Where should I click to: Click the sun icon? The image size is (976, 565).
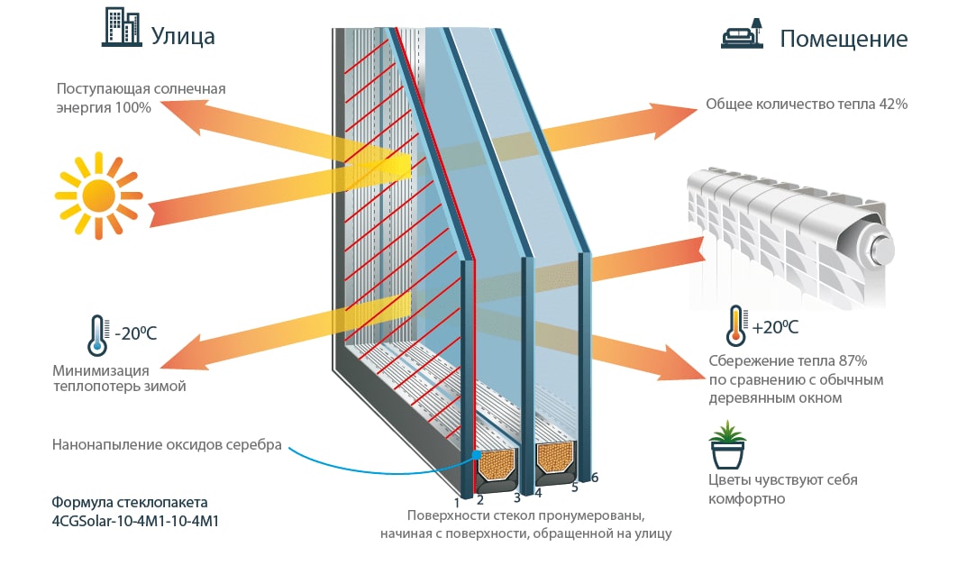(97, 194)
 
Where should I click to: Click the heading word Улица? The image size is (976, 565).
(183, 36)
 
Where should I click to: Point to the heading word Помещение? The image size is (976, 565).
(844, 40)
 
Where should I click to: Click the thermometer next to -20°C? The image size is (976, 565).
(98, 333)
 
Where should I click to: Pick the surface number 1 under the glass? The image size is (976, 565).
(457, 501)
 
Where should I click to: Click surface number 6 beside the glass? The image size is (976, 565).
(595, 477)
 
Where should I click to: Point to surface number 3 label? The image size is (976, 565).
(517, 497)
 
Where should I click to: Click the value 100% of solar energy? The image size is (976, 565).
(132, 106)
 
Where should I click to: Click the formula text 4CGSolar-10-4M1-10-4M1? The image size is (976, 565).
(136, 521)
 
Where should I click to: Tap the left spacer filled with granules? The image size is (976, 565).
(496, 464)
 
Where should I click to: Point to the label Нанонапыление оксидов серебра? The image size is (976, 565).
(167, 444)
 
